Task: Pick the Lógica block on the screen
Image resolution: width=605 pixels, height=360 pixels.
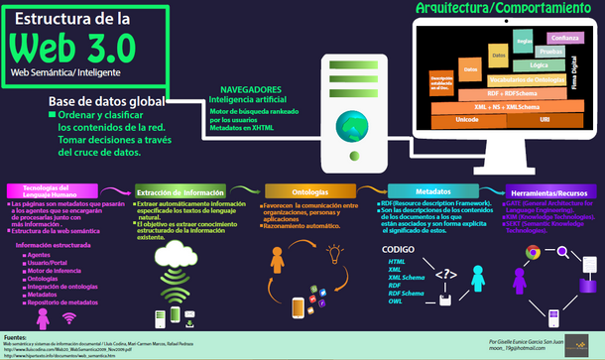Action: click(539, 63)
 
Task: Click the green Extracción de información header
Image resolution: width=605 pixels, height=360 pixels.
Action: click(179, 193)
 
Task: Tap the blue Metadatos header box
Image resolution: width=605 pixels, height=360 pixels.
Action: click(427, 193)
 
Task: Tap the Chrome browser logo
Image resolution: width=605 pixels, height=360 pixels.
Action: click(533, 254)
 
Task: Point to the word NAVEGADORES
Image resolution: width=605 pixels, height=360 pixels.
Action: click(250, 88)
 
